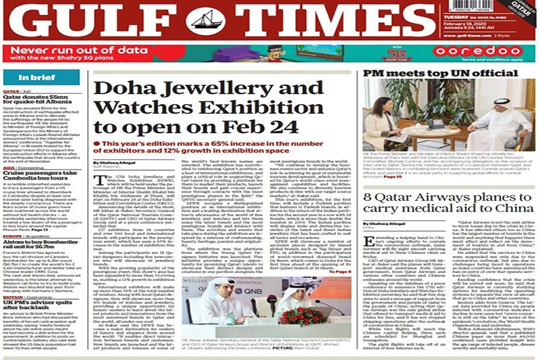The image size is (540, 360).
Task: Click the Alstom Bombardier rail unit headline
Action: point(42,226)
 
